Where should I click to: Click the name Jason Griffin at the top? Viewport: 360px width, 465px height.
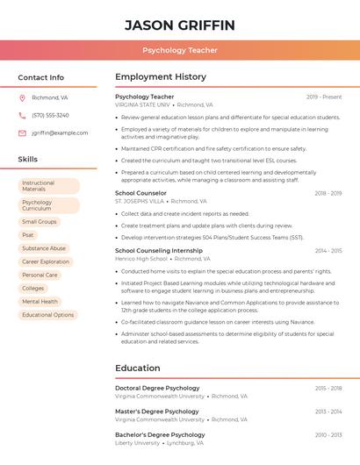[x=180, y=25]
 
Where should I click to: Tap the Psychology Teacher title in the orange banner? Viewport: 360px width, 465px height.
[x=180, y=50]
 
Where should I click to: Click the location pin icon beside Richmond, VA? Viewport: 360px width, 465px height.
[x=22, y=97]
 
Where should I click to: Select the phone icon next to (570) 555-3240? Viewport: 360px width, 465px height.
[x=22, y=115]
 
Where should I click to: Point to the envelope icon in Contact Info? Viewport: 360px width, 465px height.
[x=22, y=132]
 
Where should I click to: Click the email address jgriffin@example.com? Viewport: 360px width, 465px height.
[x=60, y=132]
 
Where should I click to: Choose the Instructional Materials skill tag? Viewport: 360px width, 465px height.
[x=48, y=186]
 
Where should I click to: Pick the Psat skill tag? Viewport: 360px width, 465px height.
[x=28, y=235]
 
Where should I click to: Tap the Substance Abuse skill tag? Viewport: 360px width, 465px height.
[x=44, y=248]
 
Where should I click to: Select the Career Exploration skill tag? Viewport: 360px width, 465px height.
[x=46, y=261]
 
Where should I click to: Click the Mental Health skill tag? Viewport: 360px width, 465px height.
[x=40, y=301]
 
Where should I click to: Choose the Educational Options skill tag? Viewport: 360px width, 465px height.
[x=48, y=315]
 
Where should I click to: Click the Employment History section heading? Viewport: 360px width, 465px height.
[x=161, y=77]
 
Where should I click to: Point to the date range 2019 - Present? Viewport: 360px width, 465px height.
[x=324, y=97]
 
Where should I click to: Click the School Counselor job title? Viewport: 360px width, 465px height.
[x=140, y=193]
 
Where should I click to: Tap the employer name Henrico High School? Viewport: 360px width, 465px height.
[x=140, y=259]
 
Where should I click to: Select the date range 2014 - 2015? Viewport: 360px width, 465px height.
[x=328, y=251]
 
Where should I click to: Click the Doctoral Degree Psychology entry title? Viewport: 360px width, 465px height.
[x=157, y=388]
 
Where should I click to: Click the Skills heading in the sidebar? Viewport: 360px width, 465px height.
[x=28, y=159]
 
